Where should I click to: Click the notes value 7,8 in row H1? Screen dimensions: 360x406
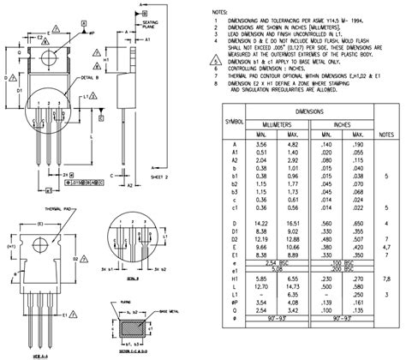point(386,278)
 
